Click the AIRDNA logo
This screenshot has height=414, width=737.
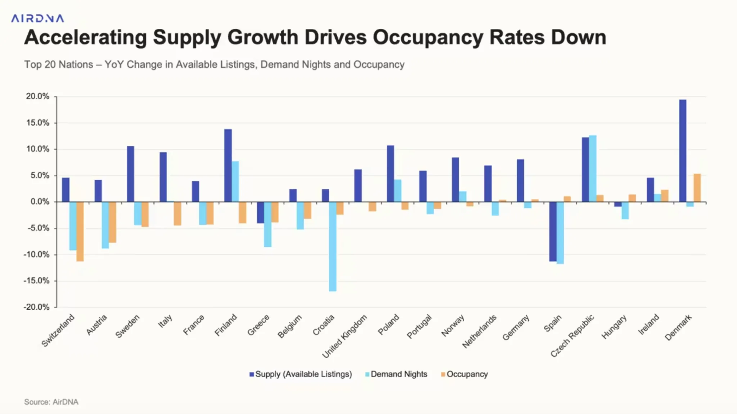pos(37,18)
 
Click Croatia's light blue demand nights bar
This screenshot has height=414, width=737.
pos(333,246)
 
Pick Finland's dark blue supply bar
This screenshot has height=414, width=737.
pos(228,165)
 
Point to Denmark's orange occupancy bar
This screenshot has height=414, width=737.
pos(697,188)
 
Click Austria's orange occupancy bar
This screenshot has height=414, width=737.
pos(112,222)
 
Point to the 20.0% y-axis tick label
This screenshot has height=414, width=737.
pos(37,96)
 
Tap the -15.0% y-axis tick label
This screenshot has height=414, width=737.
pos(36,281)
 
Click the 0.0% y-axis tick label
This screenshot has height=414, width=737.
pos(40,202)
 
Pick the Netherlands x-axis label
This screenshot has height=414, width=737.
pos(479,331)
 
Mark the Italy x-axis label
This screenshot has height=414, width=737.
pos(165,320)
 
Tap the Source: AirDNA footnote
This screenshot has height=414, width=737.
pos(51,402)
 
